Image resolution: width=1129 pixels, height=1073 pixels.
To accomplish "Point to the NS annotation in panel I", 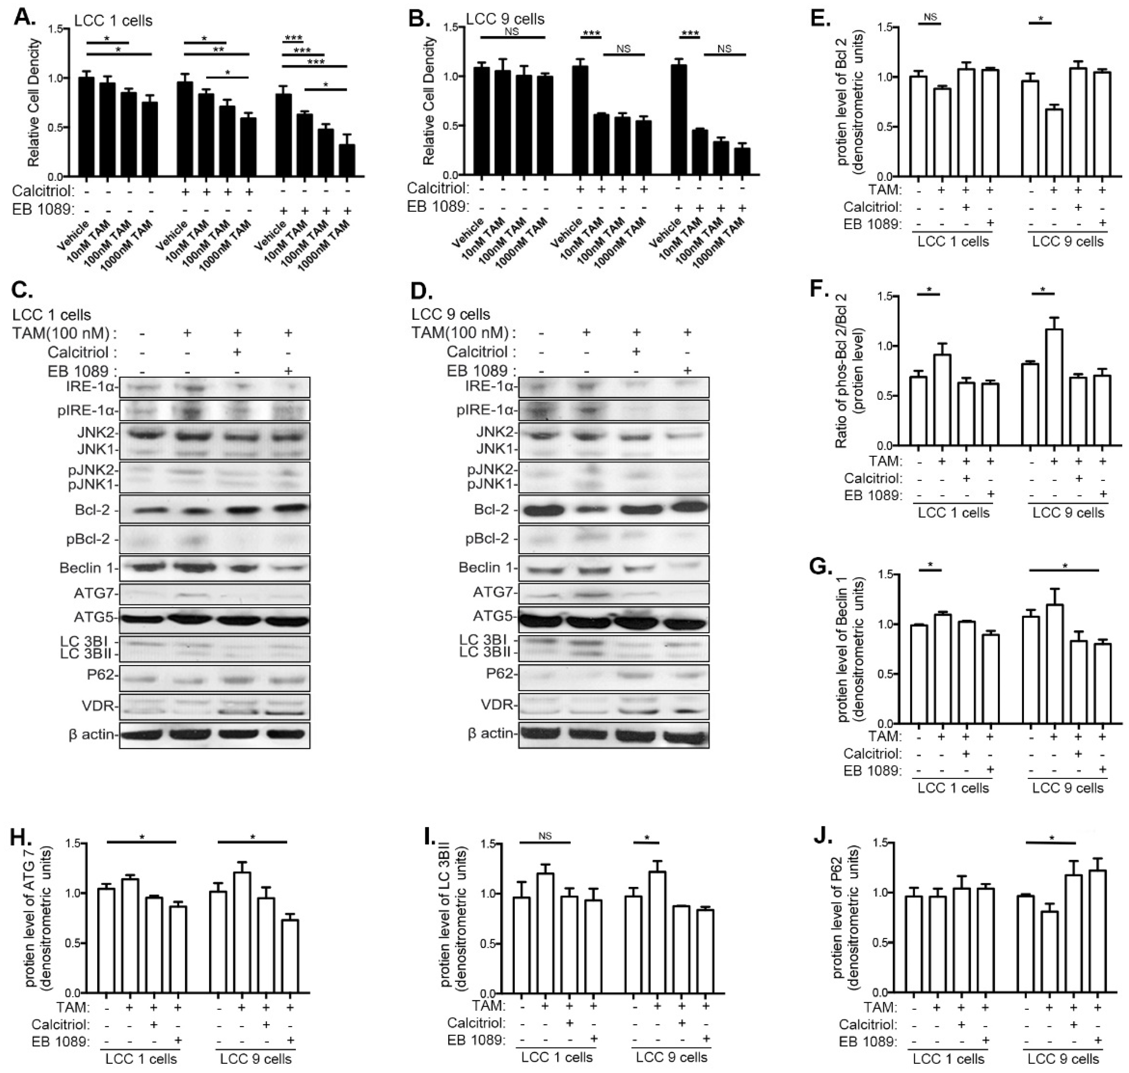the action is [x=544, y=836].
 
